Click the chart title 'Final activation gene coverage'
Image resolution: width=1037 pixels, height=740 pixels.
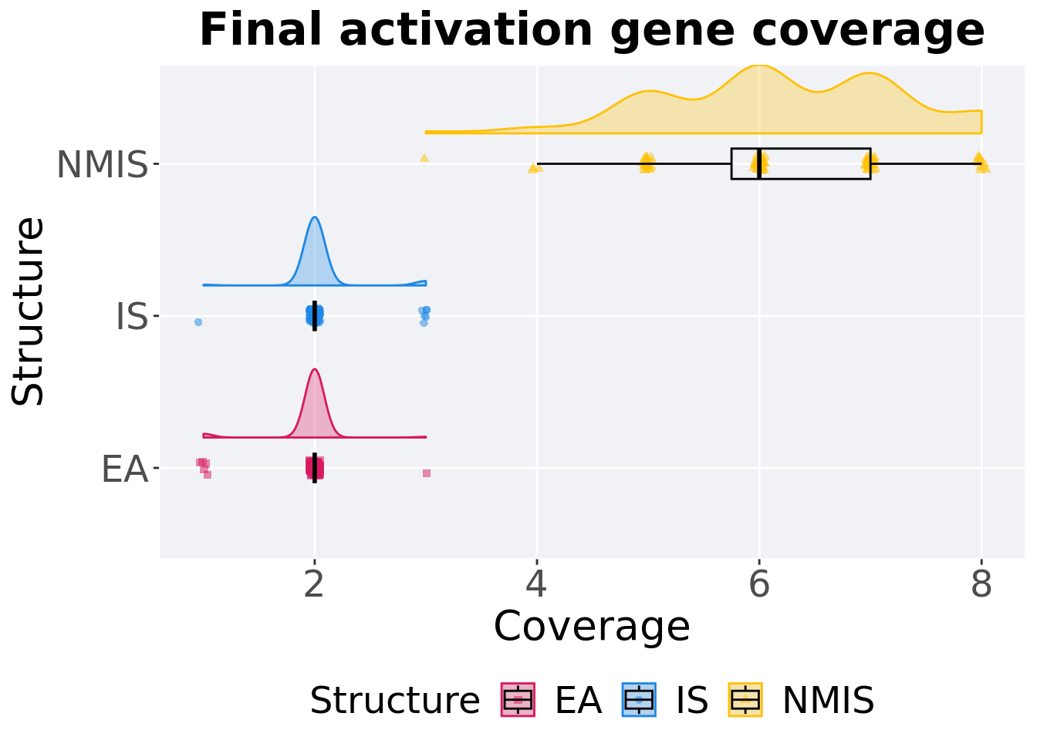tap(592, 31)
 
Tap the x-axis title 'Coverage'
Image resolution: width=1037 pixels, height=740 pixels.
tap(592, 626)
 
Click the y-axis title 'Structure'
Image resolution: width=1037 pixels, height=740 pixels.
tap(29, 311)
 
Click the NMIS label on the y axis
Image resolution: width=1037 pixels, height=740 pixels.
tap(102, 165)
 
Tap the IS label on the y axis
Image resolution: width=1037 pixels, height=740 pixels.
tap(131, 317)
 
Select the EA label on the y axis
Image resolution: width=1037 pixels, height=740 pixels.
tap(124, 469)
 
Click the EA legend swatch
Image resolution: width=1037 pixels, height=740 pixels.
tap(518, 700)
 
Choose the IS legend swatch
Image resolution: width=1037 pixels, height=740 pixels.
tap(639, 700)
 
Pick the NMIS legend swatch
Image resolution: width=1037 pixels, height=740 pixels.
tap(745, 700)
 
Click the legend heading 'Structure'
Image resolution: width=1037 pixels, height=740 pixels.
tap(394, 701)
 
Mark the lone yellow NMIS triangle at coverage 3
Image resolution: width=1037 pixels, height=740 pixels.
tap(424, 158)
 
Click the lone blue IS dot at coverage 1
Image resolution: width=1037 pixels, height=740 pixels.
tap(198, 322)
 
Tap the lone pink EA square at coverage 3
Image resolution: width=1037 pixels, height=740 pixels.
tap(427, 473)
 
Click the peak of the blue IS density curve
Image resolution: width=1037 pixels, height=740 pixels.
tap(315, 217)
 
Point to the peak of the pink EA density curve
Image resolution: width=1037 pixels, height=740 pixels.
tap(315, 369)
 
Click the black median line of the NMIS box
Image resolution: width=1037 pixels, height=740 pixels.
tap(760, 163)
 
